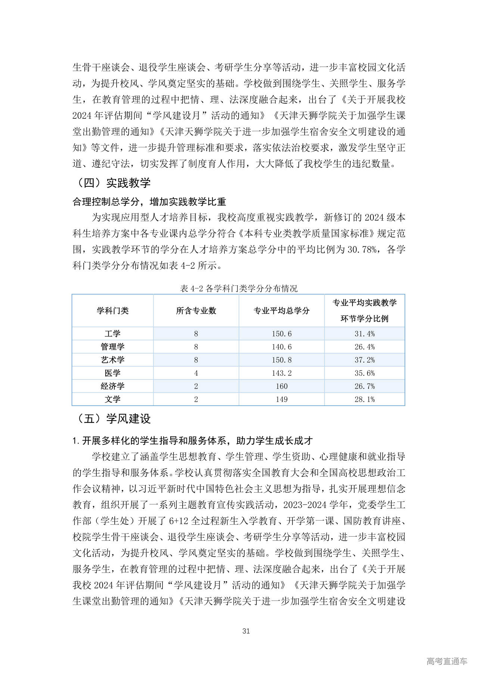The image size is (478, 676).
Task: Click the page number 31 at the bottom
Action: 246,631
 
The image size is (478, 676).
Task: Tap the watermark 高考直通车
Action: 447,661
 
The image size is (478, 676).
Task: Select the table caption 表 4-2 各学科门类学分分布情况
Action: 239,288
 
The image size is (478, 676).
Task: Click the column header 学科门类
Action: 112,311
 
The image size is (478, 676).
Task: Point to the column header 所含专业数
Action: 196,311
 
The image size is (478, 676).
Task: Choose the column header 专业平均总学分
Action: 282,311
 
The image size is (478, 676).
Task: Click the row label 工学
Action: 112,334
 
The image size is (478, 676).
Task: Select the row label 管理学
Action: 112,347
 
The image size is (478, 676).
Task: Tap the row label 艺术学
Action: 112,360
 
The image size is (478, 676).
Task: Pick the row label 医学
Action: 112,373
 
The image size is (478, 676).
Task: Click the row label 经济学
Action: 112,386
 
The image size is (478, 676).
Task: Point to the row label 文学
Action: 112,399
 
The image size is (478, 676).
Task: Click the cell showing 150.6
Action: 282,334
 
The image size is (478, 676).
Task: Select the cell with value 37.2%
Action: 364,360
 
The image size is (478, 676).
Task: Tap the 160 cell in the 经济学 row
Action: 282,386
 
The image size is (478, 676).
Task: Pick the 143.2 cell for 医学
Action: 282,373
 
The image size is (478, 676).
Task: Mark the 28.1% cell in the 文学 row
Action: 364,399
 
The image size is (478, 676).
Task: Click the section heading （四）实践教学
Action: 113,183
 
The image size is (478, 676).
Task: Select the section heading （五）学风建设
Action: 113,419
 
